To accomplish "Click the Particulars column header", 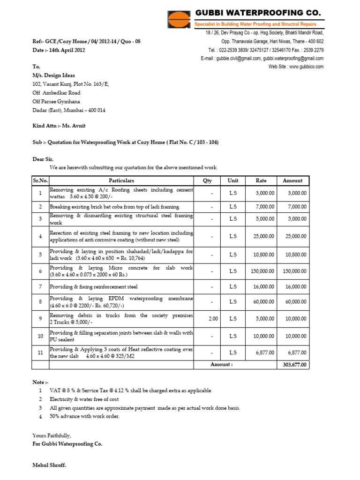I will [x=121, y=180].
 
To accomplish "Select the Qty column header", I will [x=207, y=180].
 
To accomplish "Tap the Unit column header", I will [x=233, y=180].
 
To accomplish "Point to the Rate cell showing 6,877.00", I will [x=265, y=352].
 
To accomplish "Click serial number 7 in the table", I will [x=40, y=286].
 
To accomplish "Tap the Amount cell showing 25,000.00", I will [x=294, y=237].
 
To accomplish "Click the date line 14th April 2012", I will [x=59, y=50].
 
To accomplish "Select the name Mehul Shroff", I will [x=49, y=465].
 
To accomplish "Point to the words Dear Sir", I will [x=43, y=159].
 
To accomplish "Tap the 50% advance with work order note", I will [x=84, y=416].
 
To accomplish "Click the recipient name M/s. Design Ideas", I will [x=53, y=75].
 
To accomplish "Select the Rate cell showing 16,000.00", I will [x=263, y=286].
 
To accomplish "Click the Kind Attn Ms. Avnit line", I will [x=59, y=126].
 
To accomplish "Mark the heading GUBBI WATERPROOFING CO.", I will [x=258, y=12].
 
